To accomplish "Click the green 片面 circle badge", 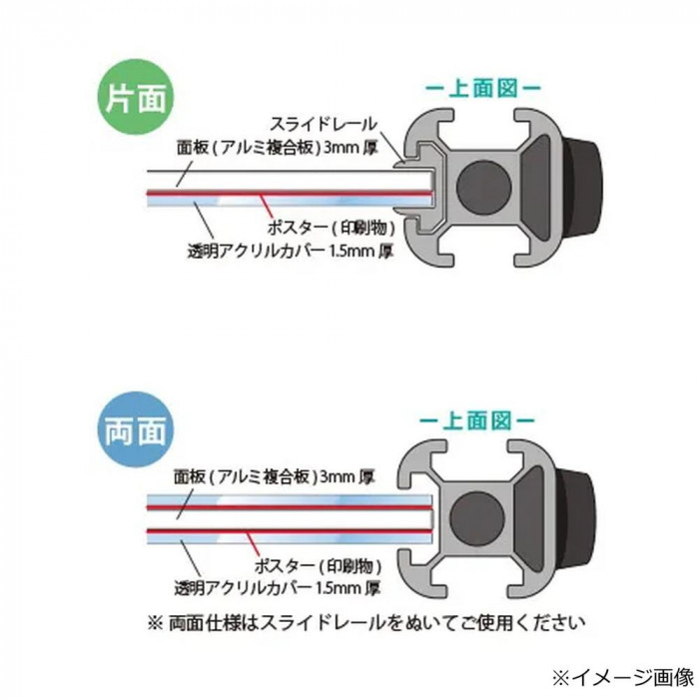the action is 135,97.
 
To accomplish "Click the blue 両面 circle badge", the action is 135,429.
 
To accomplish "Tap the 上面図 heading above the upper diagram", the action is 482,88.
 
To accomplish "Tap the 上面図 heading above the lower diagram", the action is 476,420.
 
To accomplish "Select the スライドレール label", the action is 324,124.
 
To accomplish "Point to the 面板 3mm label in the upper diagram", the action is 278,148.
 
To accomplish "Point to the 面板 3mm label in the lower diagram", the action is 275,477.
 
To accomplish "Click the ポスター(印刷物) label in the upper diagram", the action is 332,228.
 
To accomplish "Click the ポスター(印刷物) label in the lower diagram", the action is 319,566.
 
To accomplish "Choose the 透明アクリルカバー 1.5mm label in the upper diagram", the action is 291,251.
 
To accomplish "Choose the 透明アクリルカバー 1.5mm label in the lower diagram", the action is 278,588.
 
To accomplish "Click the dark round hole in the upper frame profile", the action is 483,188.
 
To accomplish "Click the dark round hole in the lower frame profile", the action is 477,520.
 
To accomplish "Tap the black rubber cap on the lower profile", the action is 578,520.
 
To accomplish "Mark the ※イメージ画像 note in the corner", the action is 623,678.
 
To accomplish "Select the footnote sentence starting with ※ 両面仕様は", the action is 366,623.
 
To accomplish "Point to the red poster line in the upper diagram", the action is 290,193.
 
